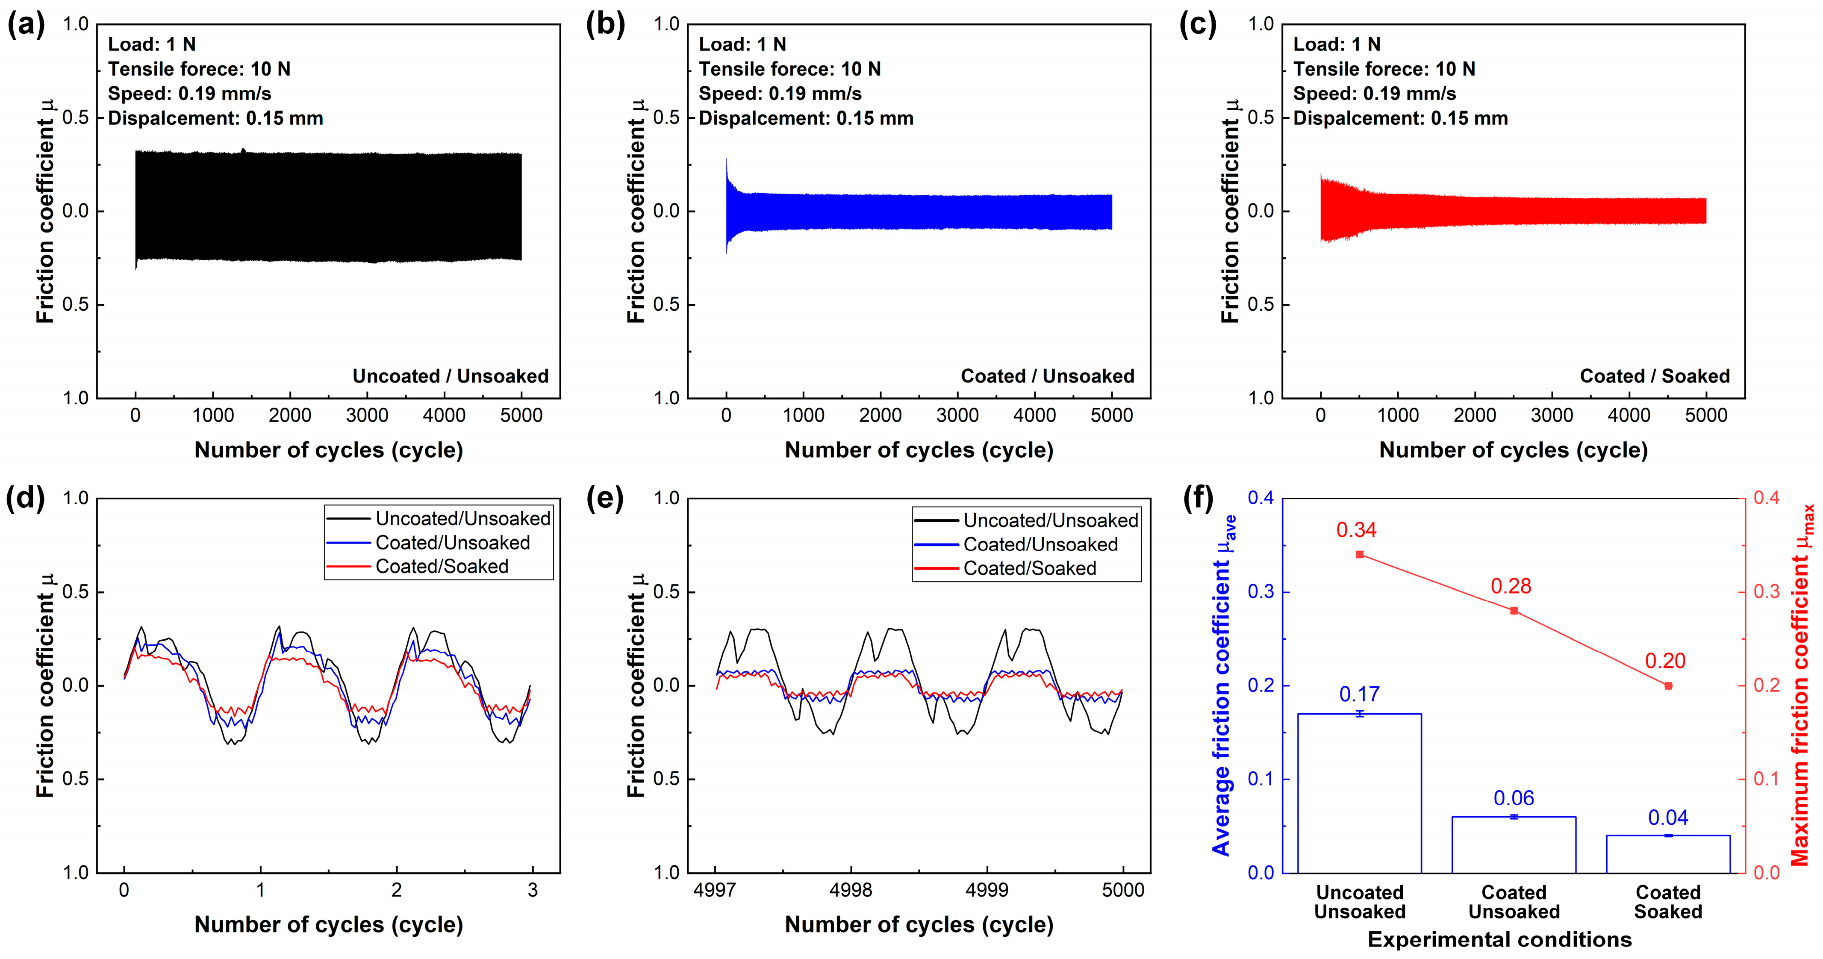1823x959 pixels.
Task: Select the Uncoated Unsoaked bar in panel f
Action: tap(1360, 793)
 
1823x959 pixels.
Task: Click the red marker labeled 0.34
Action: tap(1360, 554)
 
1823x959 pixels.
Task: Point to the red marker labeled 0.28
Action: tap(1514, 611)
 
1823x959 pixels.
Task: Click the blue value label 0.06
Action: tap(1514, 798)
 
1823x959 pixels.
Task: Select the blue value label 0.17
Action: tap(1360, 694)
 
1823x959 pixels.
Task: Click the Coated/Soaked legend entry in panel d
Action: tap(442, 566)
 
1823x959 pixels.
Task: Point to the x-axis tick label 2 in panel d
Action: tap(396, 890)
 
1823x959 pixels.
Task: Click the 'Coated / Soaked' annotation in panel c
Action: tap(1655, 376)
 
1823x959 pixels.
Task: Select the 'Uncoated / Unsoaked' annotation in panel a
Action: tap(450, 376)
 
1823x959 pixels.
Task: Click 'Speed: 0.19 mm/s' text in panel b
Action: tap(780, 94)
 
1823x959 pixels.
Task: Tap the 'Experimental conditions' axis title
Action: tap(1499, 939)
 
